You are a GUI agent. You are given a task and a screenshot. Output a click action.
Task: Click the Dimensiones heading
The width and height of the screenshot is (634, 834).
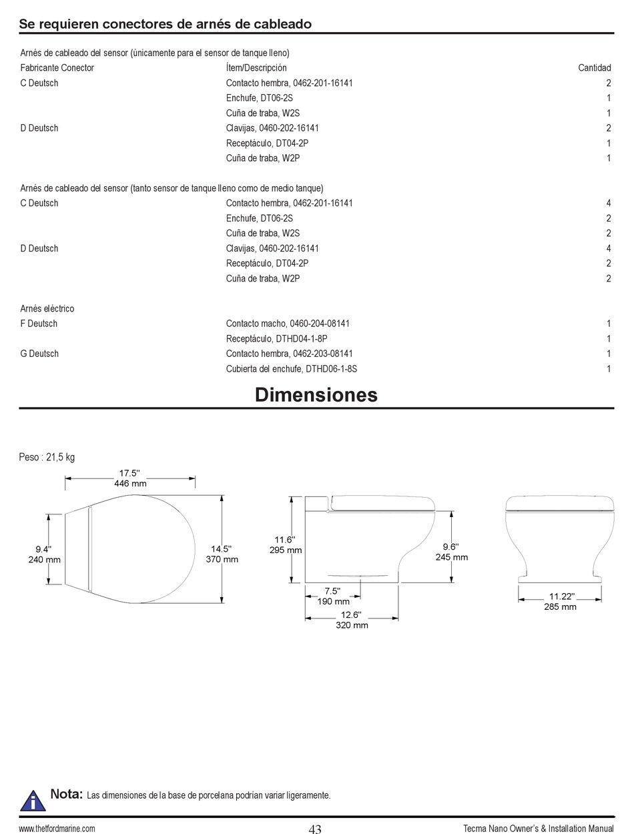(316, 394)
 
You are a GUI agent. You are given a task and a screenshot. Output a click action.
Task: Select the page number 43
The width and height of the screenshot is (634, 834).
(315, 829)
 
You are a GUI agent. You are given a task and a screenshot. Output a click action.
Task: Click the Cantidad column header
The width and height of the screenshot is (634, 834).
(594, 68)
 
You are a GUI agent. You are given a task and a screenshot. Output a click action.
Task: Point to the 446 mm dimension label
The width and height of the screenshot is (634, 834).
(130, 483)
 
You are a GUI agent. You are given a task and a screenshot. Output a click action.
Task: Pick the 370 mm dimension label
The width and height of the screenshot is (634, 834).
(222, 559)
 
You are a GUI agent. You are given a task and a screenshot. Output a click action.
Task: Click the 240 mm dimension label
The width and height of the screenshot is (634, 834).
(44, 559)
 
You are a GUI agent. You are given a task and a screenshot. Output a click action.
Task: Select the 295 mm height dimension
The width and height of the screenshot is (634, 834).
(286, 550)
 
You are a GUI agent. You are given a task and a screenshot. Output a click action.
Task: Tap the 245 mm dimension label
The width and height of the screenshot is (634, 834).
(452, 557)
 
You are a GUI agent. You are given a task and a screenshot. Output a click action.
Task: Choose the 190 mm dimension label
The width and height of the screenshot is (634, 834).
(333, 601)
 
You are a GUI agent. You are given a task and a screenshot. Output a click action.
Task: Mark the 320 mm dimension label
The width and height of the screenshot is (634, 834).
(352, 625)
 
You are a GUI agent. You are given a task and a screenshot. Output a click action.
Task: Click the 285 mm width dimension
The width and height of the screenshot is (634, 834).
(560, 607)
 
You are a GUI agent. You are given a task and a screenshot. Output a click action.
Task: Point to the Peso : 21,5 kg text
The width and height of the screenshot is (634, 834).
(47, 457)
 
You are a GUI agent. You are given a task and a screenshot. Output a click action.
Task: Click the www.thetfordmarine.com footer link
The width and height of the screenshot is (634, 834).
(57, 829)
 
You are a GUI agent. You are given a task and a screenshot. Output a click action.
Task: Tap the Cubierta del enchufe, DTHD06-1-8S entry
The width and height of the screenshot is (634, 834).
(296, 369)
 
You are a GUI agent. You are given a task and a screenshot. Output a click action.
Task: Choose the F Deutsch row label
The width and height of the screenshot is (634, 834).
(39, 324)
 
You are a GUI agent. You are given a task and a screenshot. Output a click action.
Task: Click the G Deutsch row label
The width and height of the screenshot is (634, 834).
(39, 354)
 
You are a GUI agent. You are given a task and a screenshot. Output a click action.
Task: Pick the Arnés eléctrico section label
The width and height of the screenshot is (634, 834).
(47, 309)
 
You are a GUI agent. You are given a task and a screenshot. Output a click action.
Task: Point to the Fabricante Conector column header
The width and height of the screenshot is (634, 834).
(57, 68)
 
